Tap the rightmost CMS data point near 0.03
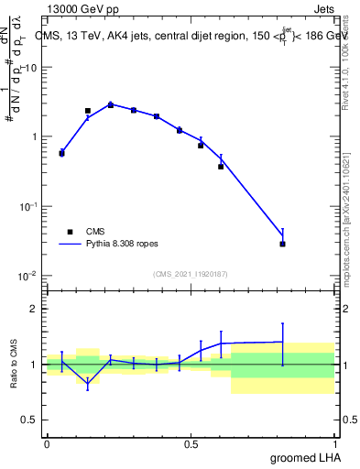coord(282,244)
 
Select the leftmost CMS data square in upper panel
coord(61,153)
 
